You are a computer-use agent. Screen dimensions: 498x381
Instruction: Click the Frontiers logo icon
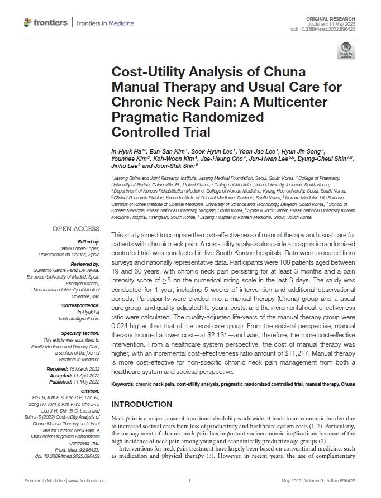[28, 22]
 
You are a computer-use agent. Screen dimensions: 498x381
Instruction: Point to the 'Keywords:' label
[126, 384]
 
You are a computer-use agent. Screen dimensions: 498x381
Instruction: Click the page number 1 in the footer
[190, 480]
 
